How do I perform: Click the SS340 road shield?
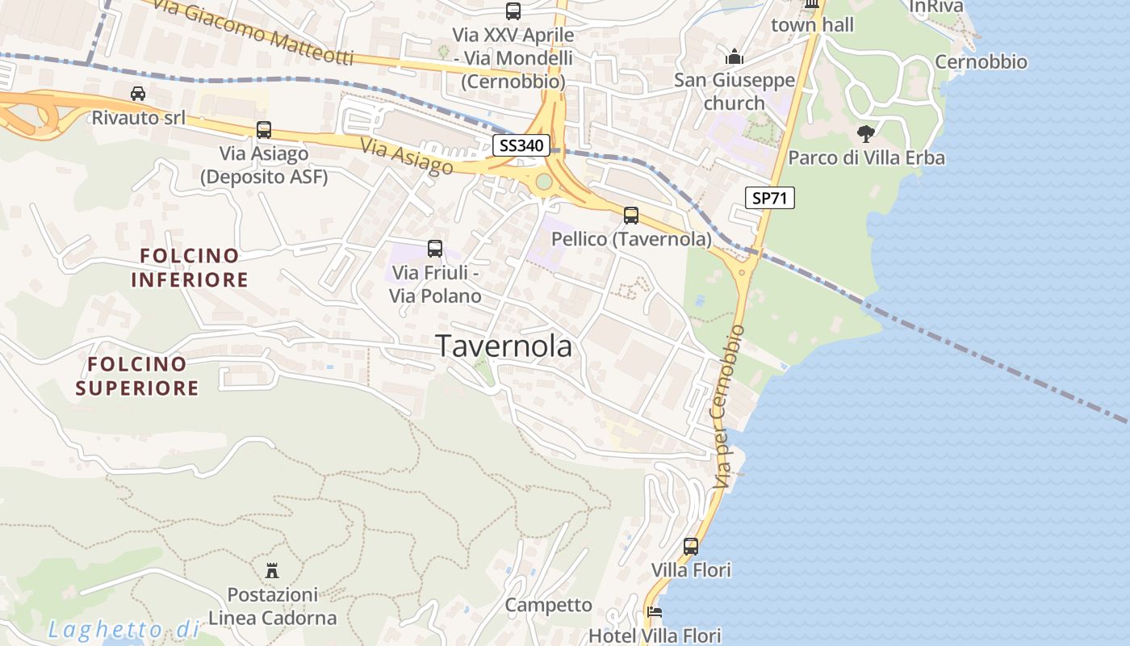point(521,146)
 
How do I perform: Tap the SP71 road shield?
point(769,198)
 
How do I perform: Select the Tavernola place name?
point(504,346)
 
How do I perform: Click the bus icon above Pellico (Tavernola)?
point(631,216)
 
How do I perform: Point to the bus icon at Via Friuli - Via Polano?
point(435,249)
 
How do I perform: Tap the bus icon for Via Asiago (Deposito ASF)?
point(264,130)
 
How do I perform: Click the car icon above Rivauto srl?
point(138,94)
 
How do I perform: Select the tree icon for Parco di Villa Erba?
point(866,134)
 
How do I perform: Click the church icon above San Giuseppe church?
point(734,57)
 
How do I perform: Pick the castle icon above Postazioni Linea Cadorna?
point(272,570)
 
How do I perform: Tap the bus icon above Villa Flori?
point(691,547)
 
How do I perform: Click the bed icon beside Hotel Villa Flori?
point(655,613)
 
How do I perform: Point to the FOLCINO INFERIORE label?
point(190,268)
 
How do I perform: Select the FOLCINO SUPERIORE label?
point(137,376)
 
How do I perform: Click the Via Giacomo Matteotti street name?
point(253,33)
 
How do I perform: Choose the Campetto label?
point(548,605)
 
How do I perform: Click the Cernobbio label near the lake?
point(981,62)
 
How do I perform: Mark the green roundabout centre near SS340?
point(544,182)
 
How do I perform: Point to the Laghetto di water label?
point(123,630)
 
